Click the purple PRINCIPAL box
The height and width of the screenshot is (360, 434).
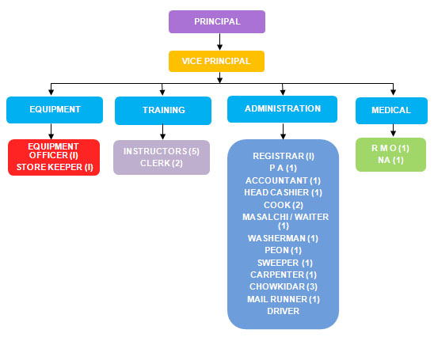click(217, 21)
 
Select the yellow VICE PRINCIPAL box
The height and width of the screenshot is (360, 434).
click(216, 61)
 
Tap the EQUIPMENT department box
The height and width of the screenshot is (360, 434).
click(55, 110)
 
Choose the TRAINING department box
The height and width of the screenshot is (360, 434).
click(163, 111)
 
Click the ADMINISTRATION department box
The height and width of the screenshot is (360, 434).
click(282, 109)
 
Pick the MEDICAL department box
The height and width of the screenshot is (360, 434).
click(391, 111)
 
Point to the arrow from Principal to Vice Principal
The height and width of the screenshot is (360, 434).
click(219, 42)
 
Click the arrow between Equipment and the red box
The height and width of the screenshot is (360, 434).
click(51, 131)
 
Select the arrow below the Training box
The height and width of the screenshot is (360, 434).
click(163, 132)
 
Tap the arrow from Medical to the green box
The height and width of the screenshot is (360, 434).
click(393, 131)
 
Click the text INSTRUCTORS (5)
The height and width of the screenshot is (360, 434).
click(162, 151)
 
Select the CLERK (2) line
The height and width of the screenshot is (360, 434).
click(162, 163)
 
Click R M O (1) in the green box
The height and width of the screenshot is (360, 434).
click(390, 148)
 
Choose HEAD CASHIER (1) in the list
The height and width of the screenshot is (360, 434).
click(284, 192)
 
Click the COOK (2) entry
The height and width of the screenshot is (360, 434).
click(284, 205)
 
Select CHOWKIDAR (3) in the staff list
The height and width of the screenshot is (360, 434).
click(284, 286)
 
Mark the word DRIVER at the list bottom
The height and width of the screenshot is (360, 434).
click(284, 311)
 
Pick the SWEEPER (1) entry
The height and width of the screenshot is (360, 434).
click(285, 263)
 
